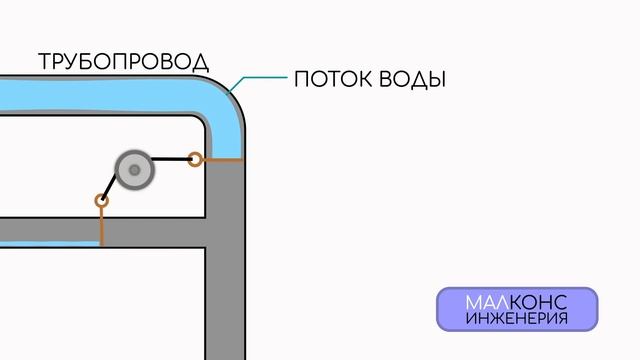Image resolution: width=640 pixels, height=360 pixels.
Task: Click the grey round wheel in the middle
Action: pos(133,171)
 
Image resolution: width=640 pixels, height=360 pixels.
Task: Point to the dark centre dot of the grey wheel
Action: pos(133,171)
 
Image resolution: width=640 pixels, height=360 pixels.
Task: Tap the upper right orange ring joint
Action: pos(196,158)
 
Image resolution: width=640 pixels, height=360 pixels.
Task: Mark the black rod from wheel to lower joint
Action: pos(112,186)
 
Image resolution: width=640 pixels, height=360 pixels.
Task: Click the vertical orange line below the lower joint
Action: pos(101,226)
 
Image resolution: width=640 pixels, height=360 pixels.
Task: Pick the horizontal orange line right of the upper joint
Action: pos(222,160)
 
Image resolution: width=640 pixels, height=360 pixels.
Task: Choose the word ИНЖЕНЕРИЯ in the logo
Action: pos(517,319)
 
